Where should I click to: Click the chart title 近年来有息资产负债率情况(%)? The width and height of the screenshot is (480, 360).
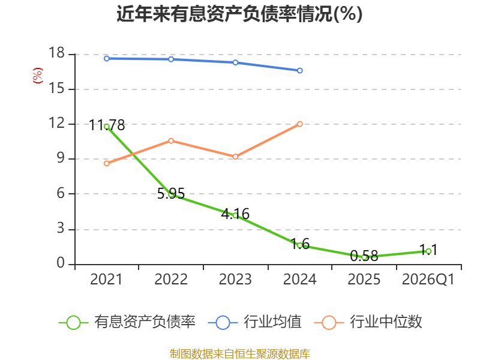click(x=239, y=14)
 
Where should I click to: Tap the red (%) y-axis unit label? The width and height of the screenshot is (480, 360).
click(x=38, y=76)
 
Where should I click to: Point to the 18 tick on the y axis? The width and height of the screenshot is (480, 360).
click(x=56, y=53)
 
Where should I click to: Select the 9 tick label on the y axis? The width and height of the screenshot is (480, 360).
click(x=61, y=158)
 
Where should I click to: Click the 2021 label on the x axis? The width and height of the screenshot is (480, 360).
click(x=106, y=280)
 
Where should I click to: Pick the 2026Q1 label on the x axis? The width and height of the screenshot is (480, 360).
click(x=428, y=280)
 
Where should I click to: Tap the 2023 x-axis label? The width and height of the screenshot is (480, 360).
click(x=235, y=280)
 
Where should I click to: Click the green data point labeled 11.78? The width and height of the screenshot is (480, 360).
click(x=107, y=127)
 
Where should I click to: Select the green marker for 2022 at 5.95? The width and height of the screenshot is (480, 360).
click(x=171, y=194)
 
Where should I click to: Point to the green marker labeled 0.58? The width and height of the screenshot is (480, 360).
click(x=364, y=257)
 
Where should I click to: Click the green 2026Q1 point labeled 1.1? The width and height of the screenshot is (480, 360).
click(x=428, y=251)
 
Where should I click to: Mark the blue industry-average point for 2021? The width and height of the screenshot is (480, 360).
click(x=107, y=58)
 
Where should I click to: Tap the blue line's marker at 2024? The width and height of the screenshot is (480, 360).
click(x=299, y=71)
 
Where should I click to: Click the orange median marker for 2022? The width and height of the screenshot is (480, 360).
click(x=171, y=141)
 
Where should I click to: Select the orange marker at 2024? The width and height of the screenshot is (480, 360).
click(x=299, y=124)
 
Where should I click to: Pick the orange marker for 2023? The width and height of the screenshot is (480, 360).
click(x=235, y=157)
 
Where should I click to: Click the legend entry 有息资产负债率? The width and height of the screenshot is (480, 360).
click(x=127, y=322)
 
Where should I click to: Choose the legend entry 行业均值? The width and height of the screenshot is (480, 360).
click(x=254, y=322)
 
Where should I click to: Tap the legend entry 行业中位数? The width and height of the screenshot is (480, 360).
click(x=368, y=322)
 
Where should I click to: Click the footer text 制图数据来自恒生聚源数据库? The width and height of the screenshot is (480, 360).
click(x=239, y=354)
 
